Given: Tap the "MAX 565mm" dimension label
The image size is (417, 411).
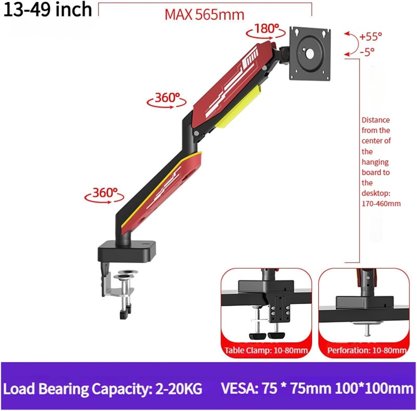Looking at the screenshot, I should (204, 14).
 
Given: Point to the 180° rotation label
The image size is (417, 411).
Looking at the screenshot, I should (266, 29).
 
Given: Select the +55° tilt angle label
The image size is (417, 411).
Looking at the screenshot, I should (371, 36).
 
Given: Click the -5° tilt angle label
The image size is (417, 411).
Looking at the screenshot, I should (367, 52).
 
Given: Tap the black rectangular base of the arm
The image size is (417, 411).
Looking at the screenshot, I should (127, 250).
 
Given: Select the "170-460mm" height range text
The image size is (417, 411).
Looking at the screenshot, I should (381, 204).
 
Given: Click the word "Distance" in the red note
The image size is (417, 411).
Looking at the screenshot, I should (376, 120).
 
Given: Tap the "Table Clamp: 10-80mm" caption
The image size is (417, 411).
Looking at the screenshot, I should (266, 350).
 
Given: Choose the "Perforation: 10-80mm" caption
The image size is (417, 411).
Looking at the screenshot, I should (366, 350).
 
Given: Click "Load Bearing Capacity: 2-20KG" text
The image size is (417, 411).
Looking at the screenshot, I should (102, 388).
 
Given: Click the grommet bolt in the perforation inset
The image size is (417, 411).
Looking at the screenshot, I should (367, 330).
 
